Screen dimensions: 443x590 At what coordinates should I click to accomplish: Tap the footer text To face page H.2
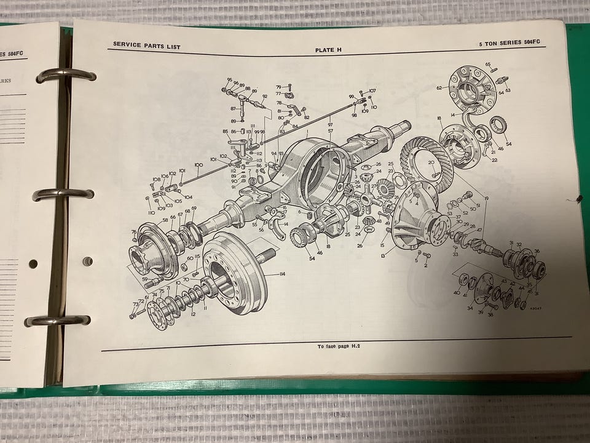[x=338, y=346]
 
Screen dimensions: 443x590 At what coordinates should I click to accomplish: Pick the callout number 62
[x=439, y=88]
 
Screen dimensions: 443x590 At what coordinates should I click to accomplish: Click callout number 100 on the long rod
[x=198, y=166]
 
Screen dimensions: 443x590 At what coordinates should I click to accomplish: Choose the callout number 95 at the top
[x=229, y=80]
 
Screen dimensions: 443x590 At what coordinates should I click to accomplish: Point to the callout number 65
[x=487, y=64]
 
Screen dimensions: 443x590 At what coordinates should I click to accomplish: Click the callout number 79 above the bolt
[x=278, y=87]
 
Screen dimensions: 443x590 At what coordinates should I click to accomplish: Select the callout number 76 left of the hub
[x=133, y=232]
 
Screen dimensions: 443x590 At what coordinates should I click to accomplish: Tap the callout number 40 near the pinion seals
[x=456, y=293]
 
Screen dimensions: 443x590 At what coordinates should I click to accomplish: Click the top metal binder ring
[x=66, y=75]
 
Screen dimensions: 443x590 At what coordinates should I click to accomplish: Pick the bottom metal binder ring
[x=57, y=320]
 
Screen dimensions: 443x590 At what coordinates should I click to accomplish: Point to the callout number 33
[x=455, y=253]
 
